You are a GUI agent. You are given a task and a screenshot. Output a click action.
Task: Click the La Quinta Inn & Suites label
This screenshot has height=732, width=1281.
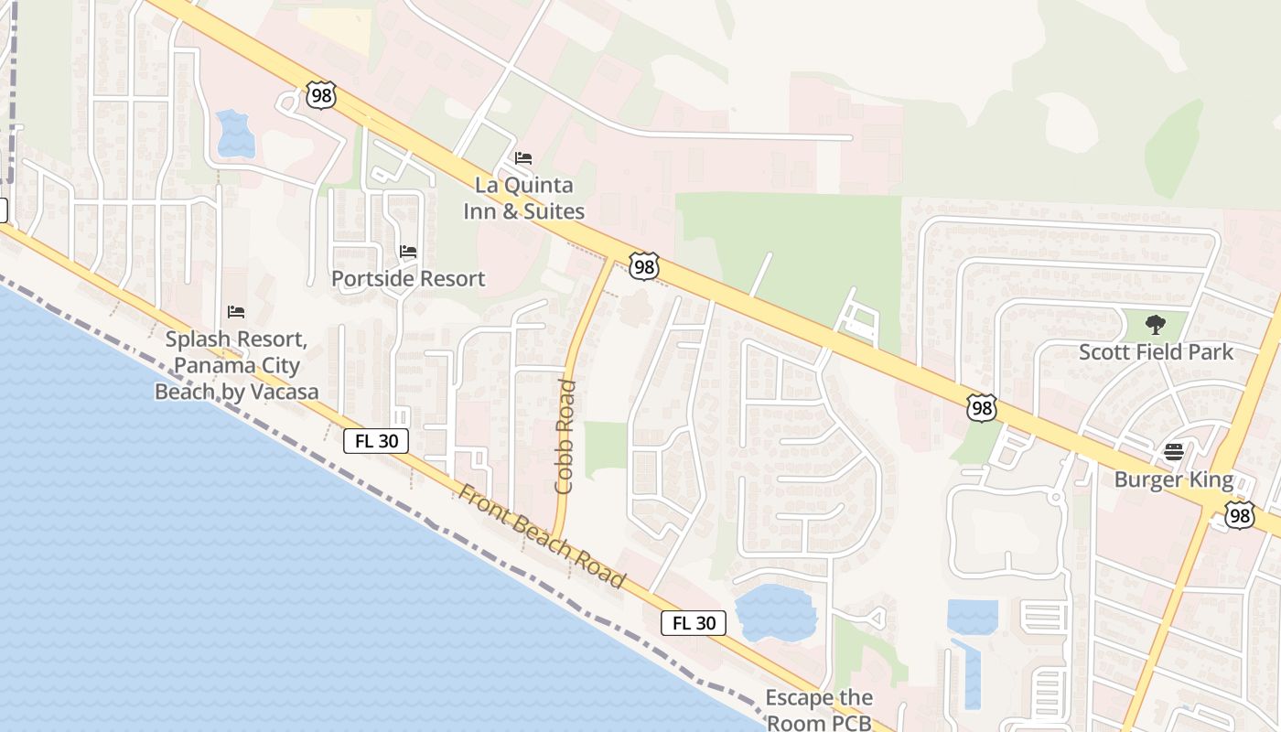point(523,199)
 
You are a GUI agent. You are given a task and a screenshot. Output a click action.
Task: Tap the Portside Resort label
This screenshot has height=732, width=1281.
point(408,278)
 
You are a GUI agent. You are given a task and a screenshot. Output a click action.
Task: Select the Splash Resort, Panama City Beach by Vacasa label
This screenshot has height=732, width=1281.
point(236,366)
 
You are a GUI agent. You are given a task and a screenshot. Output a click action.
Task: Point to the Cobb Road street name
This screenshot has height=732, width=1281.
point(565,436)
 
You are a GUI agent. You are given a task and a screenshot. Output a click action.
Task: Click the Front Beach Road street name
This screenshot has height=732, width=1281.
point(542,537)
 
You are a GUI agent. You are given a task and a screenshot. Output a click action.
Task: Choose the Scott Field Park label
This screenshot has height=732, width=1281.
point(1156,352)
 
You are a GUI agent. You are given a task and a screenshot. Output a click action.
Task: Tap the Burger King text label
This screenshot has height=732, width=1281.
point(1173,480)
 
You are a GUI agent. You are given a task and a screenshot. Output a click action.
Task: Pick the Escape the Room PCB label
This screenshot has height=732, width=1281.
point(818,709)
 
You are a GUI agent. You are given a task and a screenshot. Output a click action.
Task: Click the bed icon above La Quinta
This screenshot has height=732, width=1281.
point(523,158)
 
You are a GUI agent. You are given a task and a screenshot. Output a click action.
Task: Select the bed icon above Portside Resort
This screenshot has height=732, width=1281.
point(408,252)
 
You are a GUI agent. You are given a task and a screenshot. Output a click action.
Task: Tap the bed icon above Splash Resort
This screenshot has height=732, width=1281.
point(236,312)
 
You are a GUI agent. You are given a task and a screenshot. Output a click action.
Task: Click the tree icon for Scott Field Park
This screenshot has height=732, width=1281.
point(1156,324)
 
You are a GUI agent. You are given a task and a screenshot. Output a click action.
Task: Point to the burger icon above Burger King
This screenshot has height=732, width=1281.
point(1174,451)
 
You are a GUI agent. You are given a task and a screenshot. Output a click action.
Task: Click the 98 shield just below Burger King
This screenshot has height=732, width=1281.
point(1239,515)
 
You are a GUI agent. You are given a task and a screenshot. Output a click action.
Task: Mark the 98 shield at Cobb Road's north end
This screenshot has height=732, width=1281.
point(644,266)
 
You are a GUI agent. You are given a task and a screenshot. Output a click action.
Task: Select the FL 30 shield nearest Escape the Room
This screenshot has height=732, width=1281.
point(693,623)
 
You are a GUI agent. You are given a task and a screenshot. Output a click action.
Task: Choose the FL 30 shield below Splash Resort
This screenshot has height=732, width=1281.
point(376,441)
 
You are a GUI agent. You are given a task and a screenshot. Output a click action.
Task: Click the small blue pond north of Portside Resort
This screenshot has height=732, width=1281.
point(235,134)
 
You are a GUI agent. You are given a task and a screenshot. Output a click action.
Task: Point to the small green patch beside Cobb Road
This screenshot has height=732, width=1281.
point(605,449)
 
